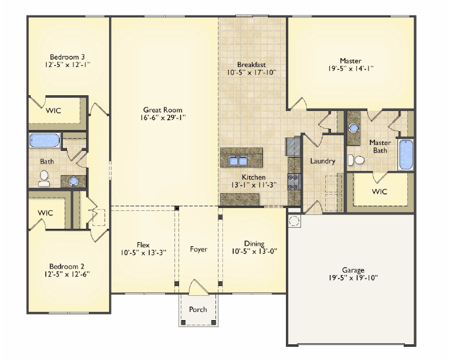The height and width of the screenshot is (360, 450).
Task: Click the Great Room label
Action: (163, 110)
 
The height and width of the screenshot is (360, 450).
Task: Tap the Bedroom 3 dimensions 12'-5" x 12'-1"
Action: (68, 65)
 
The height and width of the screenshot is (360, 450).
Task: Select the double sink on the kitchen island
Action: (238, 161)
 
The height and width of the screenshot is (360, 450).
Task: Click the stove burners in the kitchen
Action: (294, 182)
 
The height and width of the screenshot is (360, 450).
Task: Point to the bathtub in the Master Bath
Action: (406, 155)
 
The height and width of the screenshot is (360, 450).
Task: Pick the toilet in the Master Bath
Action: (356, 160)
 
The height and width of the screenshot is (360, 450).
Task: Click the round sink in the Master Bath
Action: (354, 128)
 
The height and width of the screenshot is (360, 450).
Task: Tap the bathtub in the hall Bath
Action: (44, 140)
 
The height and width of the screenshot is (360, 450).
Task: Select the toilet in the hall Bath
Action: (44, 179)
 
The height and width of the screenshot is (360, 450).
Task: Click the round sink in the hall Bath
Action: (73, 181)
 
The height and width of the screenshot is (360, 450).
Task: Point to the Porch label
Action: (198, 310)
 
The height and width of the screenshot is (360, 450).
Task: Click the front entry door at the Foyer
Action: (198, 287)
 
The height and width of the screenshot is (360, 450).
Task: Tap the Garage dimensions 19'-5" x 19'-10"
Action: (354, 278)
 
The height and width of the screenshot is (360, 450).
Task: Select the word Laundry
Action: (322, 161)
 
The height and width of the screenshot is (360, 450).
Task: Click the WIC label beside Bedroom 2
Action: (45, 213)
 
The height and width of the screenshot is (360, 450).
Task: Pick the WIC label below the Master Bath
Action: (380, 191)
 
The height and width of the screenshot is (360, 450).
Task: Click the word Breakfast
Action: (251, 65)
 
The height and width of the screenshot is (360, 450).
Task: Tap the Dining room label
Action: (254, 243)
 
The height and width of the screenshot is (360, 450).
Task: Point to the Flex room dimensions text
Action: (143, 253)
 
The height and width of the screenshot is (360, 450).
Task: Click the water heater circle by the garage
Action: (294, 221)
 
